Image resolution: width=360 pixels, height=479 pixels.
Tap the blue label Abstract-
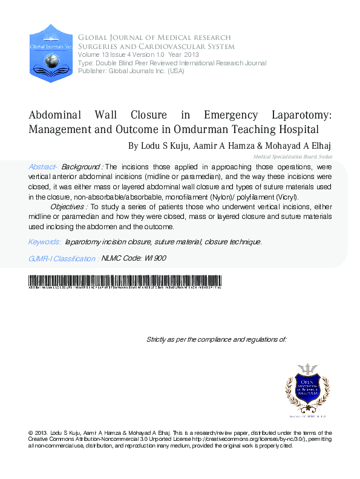(43, 166)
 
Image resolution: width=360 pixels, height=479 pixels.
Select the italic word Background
(82, 166)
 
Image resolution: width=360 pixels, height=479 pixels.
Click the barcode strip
(125, 281)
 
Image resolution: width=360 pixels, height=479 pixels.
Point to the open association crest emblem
(307, 387)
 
